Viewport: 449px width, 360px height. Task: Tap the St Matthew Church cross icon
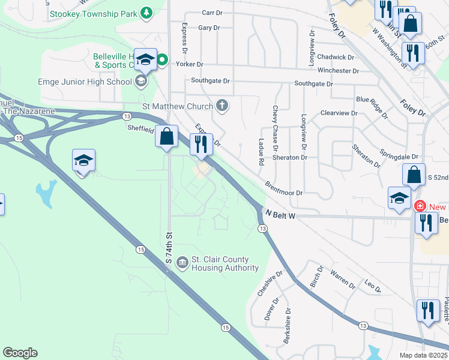coord(222,107)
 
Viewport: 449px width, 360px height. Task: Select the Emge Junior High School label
coord(85,82)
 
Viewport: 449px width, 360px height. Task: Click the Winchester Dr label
coord(338,71)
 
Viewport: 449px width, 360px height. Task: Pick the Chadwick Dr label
coord(336,57)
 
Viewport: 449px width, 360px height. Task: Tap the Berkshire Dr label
coord(288,326)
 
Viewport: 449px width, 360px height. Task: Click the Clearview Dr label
coord(339,113)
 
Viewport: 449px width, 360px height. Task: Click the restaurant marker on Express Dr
coord(200,144)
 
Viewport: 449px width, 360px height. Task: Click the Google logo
coord(20,353)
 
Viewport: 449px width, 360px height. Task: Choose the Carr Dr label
coord(212,13)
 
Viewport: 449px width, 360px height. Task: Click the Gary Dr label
coord(209,28)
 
